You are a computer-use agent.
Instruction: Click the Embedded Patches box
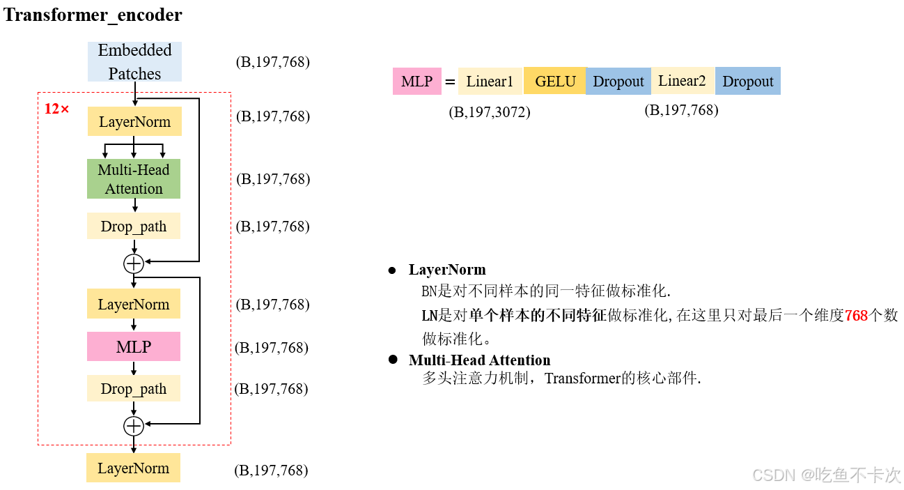pyautogui.click(x=134, y=61)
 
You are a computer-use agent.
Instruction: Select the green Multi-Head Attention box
pyautogui.click(x=134, y=179)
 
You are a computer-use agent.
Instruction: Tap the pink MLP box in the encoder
pyautogui.click(x=134, y=346)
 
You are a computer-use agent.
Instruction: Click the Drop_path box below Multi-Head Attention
pyautogui.click(x=134, y=227)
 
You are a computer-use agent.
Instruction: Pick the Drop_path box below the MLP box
pyautogui.click(x=134, y=388)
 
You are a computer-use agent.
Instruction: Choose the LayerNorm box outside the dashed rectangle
pyautogui.click(x=134, y=468)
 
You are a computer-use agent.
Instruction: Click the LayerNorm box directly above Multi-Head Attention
pyautogui.click(x=134, y=122)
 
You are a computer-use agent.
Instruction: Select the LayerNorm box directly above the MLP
pyautogui.click(x=134, y=305)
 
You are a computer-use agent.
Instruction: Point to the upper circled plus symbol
pyautogui.click(x=134, y=263)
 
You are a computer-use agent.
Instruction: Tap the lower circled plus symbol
pyautogui.click(x=134, y=426)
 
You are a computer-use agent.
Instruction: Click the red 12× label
pyautogui.click(x=57, y=109)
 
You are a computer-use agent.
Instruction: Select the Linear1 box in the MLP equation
pyautogui.click(x=490, y=82)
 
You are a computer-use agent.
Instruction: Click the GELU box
pyautogui.click(x=555, y=81)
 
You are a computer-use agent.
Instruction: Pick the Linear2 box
pyautogui.click(x=682, y=81)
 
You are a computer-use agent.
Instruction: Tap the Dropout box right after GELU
pyautogui.click(x=618, y=82)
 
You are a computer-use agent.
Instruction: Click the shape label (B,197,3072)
pyautogui.click(x=490, y=112)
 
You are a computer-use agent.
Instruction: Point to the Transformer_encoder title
pyautogui.click(x=93, y=15)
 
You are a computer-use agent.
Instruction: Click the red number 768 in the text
pyautogui.click(x=856, y=316)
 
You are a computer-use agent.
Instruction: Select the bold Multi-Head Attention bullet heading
pyautogui.click(x=479, y=360)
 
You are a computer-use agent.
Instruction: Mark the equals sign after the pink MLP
pyautogui.click(x=450, y=82)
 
